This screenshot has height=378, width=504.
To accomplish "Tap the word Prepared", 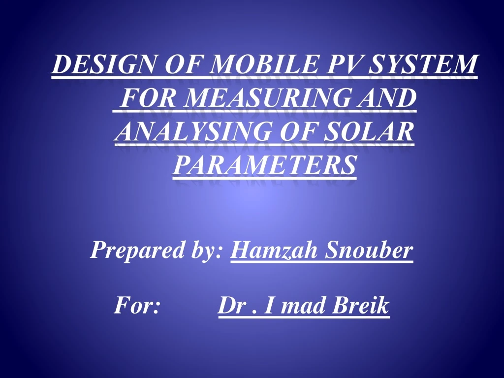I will point(133,251).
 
